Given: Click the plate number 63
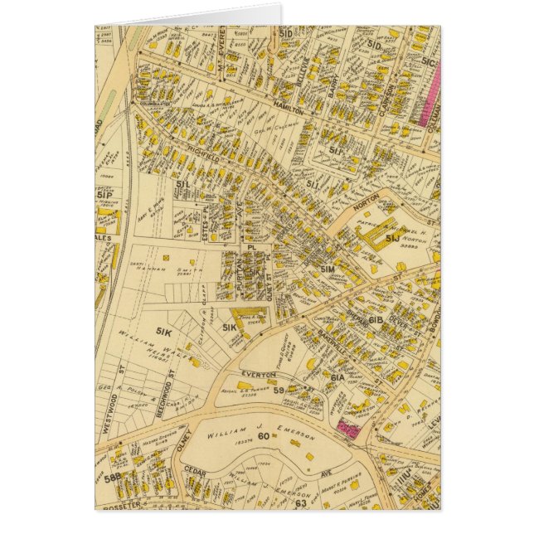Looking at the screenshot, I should click(300, 502).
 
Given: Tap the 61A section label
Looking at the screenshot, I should click(337, 376).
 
